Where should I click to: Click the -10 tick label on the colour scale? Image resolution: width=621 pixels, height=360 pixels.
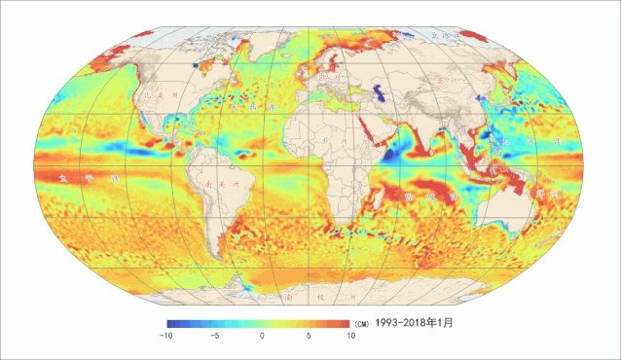point(166,335)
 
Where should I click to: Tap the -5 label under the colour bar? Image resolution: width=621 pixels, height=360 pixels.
point(213,335)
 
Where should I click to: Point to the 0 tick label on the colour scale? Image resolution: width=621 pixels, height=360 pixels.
point(262,335)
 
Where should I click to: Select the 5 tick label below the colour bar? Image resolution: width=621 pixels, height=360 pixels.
point(308,335)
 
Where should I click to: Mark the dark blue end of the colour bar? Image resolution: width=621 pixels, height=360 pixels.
point(170,321)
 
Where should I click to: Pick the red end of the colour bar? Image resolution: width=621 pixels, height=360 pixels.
point(346,321)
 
